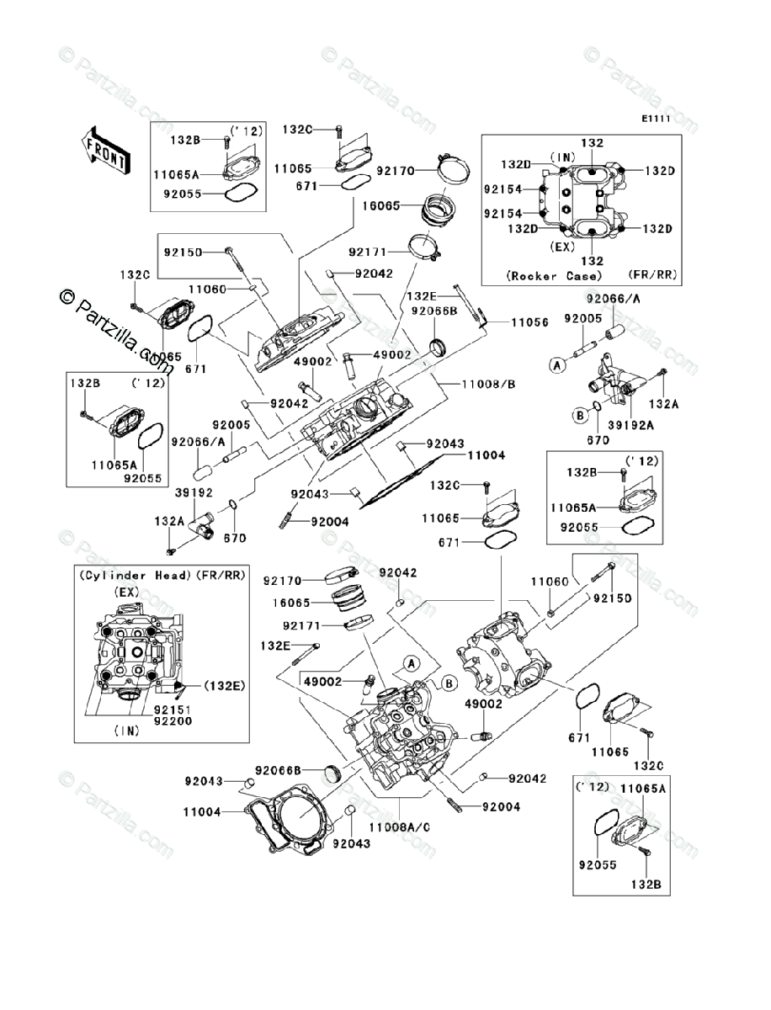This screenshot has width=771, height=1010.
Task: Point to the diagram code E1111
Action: tap(656, 120)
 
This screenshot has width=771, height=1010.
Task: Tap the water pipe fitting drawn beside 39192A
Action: tap(614, 377)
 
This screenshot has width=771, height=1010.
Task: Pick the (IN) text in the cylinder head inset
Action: tap(127, 732)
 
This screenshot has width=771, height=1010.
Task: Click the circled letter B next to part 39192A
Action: tap(580, 416)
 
